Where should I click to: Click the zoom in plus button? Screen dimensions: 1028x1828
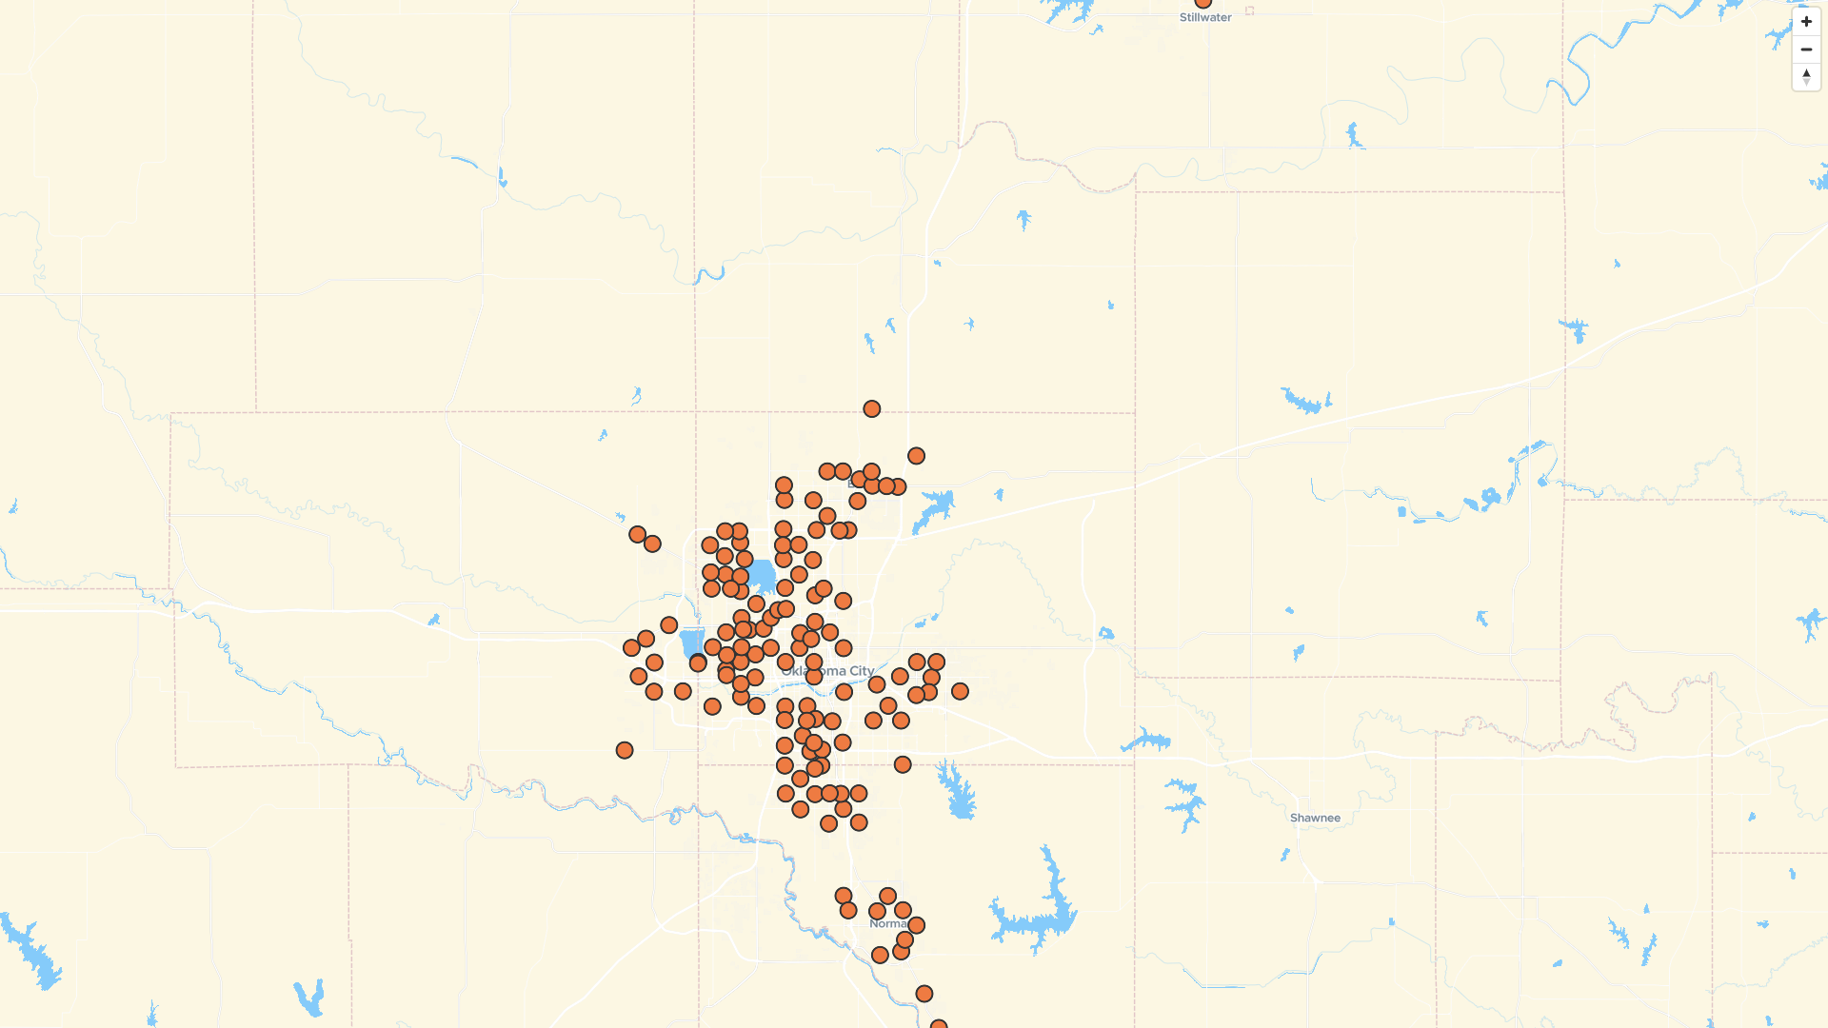point(1806,22)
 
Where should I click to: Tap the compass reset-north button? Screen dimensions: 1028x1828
point(1806,77)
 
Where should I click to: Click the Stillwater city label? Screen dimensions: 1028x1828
point(1205,18)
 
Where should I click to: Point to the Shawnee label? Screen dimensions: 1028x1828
point(1315,819)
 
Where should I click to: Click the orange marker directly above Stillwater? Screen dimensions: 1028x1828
point(1203,2)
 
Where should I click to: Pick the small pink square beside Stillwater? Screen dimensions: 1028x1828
point(1249,11)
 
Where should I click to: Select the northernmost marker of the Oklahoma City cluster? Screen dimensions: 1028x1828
point(871,409)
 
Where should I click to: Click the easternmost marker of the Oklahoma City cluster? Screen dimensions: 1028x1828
point(960,692)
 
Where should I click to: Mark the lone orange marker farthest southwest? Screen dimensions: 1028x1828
point(625,751)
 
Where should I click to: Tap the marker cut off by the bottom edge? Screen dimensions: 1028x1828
point(938,1025)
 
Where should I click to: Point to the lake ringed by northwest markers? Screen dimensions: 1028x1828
point(761,576)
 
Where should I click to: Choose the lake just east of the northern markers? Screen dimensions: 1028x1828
point(934,508)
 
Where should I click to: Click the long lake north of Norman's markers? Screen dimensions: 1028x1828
point(955,790)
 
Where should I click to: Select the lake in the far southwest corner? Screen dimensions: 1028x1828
point(33,952)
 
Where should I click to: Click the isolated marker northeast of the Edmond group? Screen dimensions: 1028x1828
point(916,456)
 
